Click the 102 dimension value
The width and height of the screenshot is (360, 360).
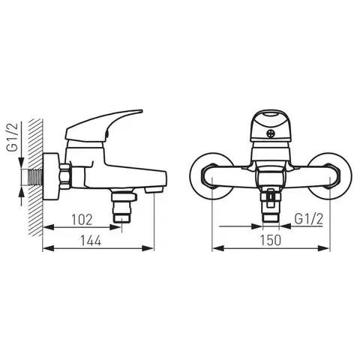coord(82,220)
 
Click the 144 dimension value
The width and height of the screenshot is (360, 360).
coord(91,241)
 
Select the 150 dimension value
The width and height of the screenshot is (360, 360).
coord(271,241)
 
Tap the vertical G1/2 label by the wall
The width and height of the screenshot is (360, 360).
coord(13,137)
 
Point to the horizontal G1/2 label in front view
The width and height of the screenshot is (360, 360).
coord(309,219)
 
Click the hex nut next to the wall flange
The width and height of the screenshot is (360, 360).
coord(66,176)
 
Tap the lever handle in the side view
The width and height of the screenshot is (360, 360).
coord(103,125)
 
